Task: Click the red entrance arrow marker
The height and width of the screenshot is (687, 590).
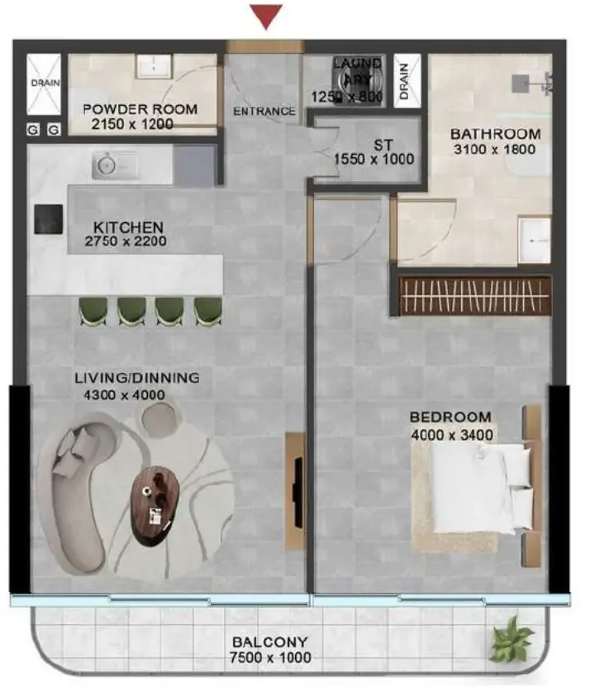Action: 266,16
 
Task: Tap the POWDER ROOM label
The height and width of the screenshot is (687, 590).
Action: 140,109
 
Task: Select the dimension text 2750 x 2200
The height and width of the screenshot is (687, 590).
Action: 126,241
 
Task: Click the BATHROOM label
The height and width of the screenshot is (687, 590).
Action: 496,134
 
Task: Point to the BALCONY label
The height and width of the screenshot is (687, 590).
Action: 270,642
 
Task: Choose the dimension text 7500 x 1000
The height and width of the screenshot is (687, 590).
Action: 270,657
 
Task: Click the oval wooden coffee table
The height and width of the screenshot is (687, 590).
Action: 156,506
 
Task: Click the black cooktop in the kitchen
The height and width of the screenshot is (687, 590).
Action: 49,218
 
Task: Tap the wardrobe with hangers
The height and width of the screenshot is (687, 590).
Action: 475,296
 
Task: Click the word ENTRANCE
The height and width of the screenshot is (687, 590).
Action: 264,112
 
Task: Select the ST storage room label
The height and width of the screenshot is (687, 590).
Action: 383,145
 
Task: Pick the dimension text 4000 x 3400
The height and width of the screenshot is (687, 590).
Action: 452,435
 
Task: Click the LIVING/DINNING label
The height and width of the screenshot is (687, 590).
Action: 137,378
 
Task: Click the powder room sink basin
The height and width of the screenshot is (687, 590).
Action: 154,66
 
